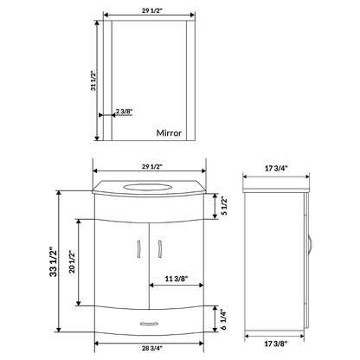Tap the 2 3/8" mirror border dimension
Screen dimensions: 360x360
123,112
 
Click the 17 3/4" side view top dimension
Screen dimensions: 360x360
278,170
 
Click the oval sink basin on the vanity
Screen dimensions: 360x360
149,187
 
